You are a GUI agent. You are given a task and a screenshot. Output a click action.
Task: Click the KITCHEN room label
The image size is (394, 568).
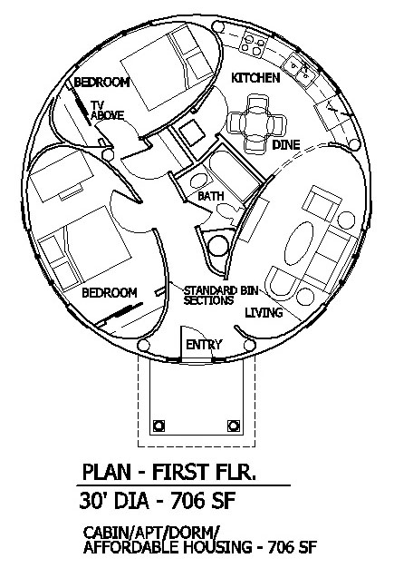[x=255, y=77]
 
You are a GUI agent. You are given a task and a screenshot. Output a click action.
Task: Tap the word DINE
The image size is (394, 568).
[x=286, y=145]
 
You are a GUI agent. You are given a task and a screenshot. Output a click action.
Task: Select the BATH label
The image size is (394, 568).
[x=211, y=196]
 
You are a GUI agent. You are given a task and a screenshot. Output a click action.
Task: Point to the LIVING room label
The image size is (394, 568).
[x=264, y=312]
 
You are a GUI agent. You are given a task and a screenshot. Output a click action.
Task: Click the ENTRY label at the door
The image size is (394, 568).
[x=204, y=345]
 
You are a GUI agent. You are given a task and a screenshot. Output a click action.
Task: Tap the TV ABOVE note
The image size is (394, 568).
[x=107, y=111]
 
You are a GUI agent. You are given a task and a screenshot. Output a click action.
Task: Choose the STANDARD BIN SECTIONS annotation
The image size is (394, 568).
[x=221, y=296]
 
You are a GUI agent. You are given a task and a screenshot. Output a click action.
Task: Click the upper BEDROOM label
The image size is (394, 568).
[x=101, y=83]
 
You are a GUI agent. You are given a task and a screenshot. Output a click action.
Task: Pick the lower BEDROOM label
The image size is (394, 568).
[x=110, y=293]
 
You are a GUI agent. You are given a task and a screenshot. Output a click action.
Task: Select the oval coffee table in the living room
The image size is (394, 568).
[x=299, y=243]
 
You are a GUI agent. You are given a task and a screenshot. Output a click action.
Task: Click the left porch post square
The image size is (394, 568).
[x=159, y=426]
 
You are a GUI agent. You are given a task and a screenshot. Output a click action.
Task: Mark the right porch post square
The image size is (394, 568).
[x=234, y=426]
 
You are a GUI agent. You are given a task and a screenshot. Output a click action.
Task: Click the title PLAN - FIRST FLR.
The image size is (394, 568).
[x=169, y=472]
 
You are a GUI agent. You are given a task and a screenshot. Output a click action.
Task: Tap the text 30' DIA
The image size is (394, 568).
[x=114, y=502]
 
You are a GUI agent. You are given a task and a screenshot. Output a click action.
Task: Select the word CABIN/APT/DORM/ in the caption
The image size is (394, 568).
[x=151, y=533]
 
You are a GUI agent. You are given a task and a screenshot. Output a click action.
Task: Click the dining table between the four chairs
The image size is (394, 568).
[x=256, y=123]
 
